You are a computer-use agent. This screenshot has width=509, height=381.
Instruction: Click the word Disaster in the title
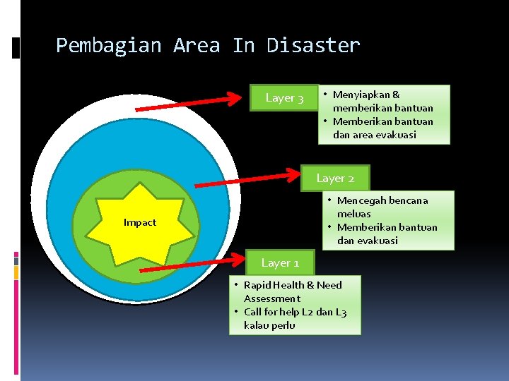(313, 46)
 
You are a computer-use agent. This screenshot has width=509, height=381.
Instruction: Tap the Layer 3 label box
(284, 98)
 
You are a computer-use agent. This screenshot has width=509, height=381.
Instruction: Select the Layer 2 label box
(335, 179)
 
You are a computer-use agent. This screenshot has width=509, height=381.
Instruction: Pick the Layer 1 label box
(280, 263)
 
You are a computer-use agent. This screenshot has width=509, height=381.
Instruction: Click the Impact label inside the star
(140, 223)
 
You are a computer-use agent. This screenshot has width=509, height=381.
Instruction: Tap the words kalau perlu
(269, 325)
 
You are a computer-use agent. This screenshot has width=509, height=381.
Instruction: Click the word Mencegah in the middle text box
(360, 200)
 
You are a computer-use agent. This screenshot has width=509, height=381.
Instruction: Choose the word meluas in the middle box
(353, 214)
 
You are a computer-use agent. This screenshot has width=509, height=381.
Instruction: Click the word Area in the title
(197, 46)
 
